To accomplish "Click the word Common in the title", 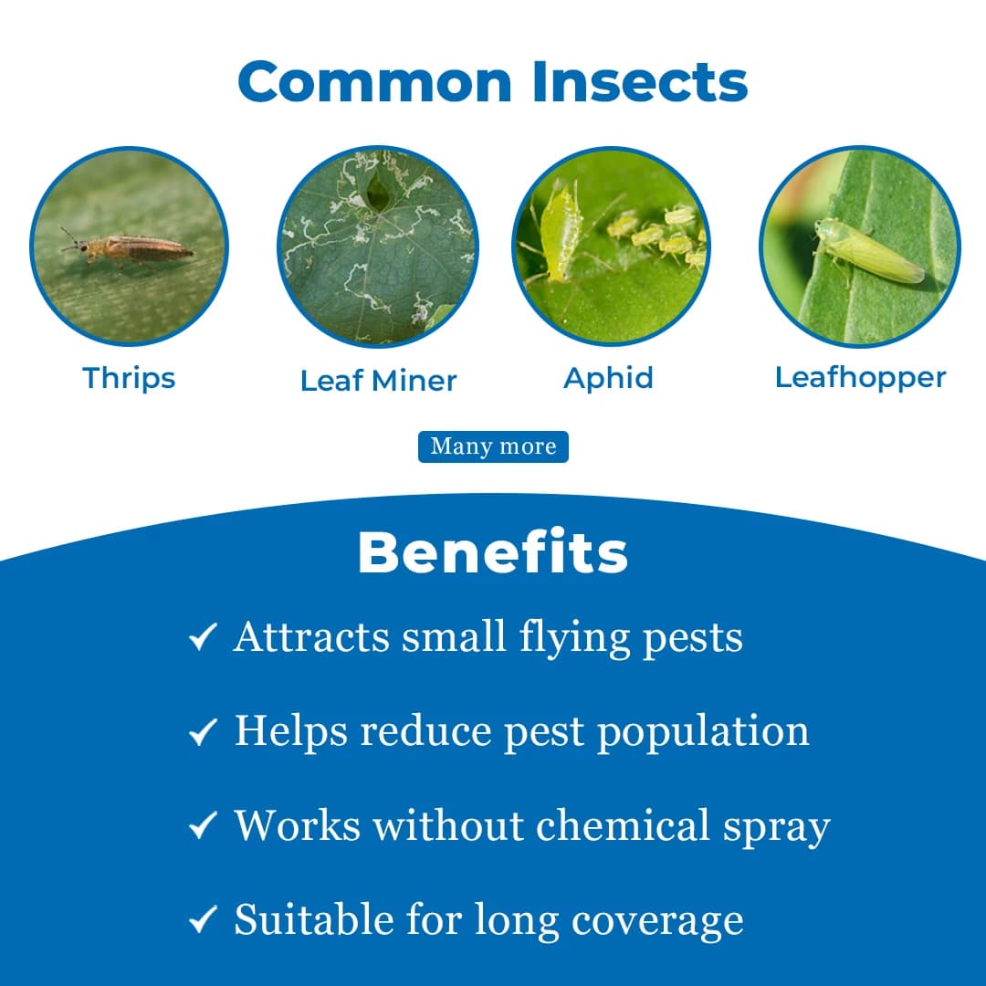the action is pyautogui.click(x=375, y=81).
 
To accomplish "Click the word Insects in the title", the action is pyautogui.click(x=640, y=81).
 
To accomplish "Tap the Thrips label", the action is pyautogui.click(x=129, y=379).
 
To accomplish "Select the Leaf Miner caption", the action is pyautogui.click(x=379, y=381).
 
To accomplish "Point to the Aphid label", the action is pyautogui.click(x=609, y=379).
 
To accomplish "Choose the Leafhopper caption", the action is pyautogui.click(x=860, y=378).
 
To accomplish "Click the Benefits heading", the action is pyautogui.click(x=493, y=552).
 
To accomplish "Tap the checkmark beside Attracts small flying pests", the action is pyautogui.click(x=203, y=637).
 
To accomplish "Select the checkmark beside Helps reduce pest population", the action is pyautogui.click(x=203, y=732).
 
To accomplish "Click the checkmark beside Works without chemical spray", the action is pyautogui.click(x=203, y=825).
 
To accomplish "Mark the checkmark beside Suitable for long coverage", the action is pyautogui.click(x=203, y=919).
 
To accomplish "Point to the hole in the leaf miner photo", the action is pyautogui.click(x=378, y=191).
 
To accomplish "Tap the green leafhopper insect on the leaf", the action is pyautogui.click(x=869, y=251).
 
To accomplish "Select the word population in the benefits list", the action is pyautogui.click(x=703, y=733).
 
